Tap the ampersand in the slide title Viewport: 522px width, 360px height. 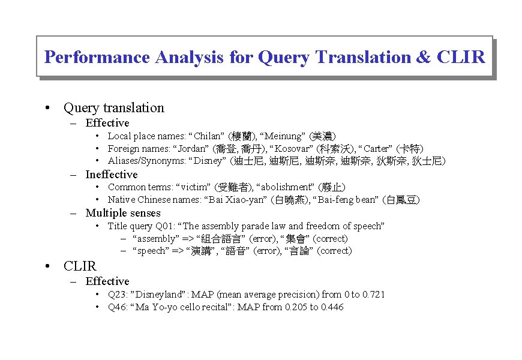coord(422,58)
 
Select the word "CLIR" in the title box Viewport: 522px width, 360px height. coord(461,58)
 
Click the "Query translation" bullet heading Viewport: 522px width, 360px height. coord(113,108)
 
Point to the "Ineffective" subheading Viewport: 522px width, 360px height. coord(112,175)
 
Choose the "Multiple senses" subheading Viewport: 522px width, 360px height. coord(123,213)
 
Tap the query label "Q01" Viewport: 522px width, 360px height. coord(166,226)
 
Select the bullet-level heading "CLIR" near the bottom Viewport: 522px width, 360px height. coord(80,266)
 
